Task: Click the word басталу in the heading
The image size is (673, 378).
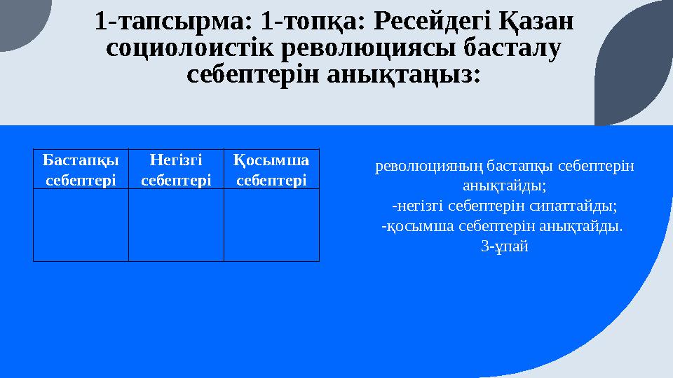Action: [514, 49]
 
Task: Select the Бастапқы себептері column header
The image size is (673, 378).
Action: [81, 169]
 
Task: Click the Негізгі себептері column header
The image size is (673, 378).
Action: [176, 169]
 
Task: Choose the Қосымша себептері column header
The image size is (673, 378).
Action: [271, 169]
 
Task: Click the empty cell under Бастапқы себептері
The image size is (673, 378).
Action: [81, 225]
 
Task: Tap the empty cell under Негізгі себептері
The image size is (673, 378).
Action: [176, 225]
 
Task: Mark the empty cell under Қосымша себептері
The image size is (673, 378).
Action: [271, 225]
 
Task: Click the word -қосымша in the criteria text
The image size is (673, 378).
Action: [416, 226]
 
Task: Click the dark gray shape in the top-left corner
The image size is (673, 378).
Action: [21, 21]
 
